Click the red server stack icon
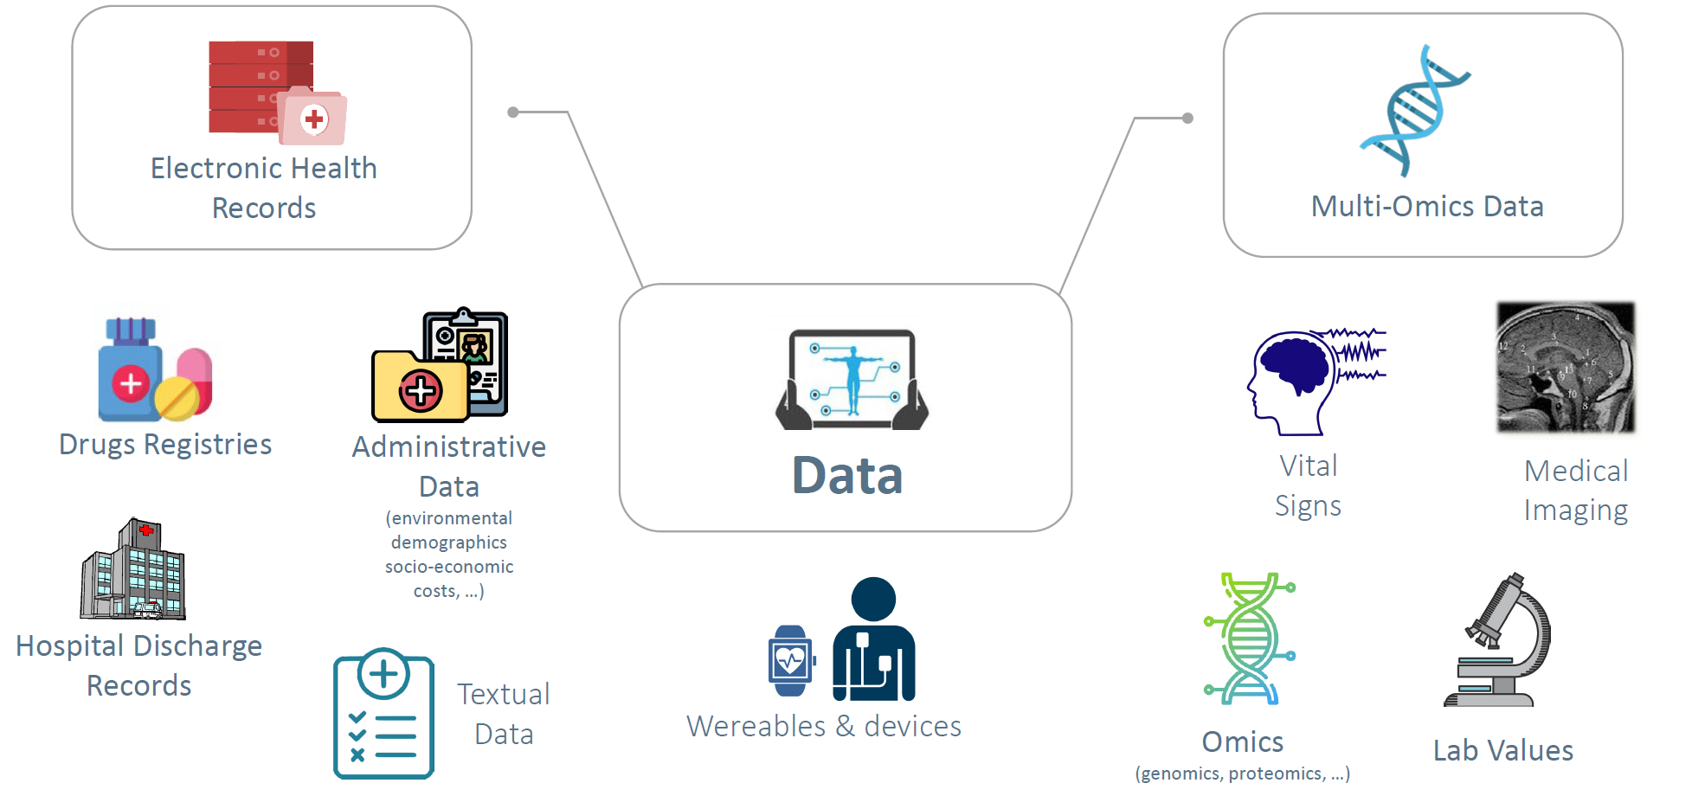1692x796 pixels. point(260,87)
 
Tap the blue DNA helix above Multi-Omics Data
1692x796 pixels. point(1414,111)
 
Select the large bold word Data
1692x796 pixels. point(847,475)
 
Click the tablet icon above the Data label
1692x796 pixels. point(852,379)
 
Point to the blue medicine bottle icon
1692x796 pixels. point(130,372)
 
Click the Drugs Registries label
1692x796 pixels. point(165,444)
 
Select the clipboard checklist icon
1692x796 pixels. point(383,714)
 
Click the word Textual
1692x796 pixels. point(504,694)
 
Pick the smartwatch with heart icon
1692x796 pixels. point(790,661)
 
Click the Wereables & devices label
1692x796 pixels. point(824,726)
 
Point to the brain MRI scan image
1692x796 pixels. point(1566,367)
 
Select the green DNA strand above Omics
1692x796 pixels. point(1249,638)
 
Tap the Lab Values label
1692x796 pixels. point(1503,750)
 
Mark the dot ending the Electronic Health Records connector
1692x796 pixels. point(513,112)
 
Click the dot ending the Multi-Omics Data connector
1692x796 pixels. point(1187,119)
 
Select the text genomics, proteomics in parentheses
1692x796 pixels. point(1243,774)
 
